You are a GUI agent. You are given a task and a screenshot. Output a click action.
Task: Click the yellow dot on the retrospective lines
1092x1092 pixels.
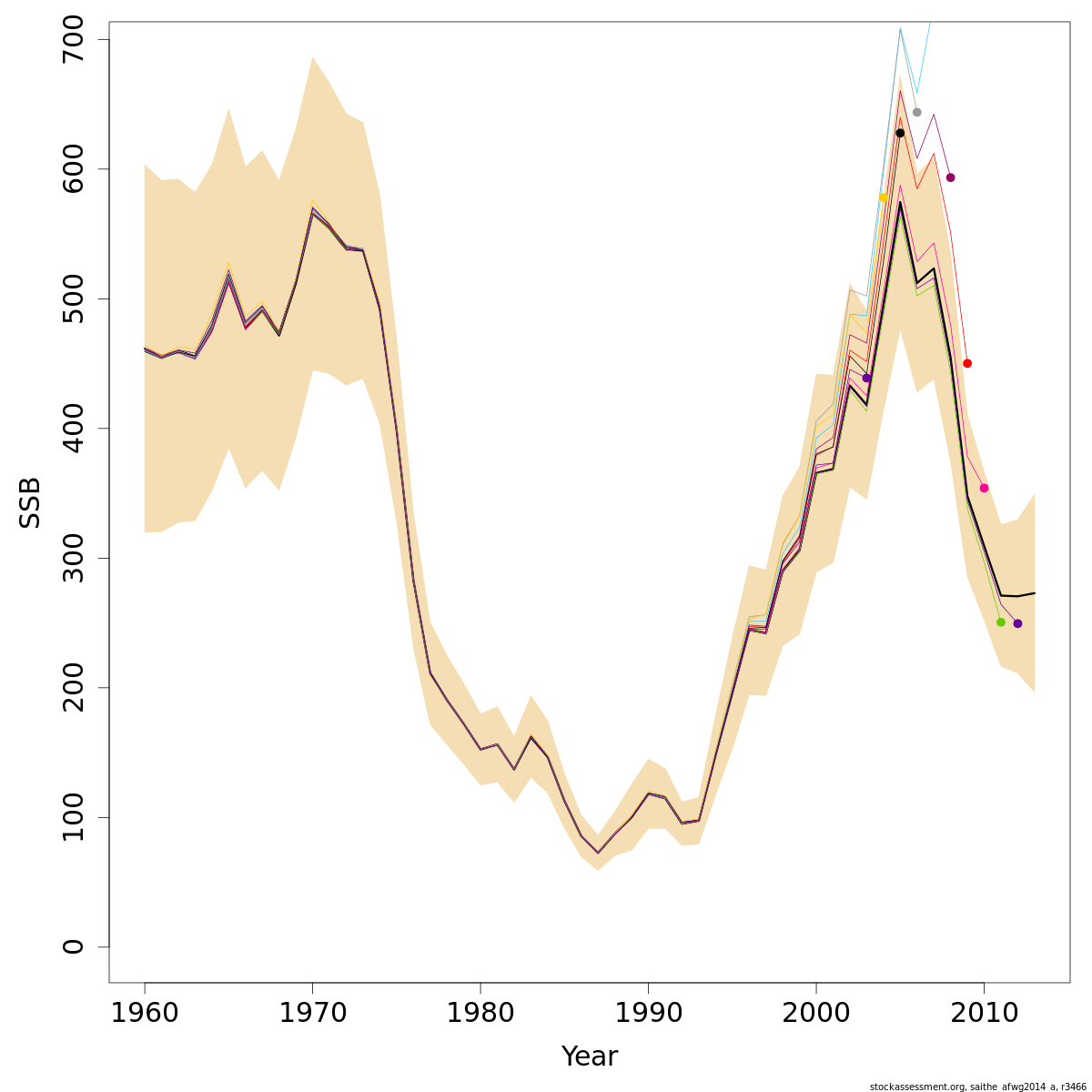(x=883, y=197)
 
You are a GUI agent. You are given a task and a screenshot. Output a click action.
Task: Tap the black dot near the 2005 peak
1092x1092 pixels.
(x=900, y=133)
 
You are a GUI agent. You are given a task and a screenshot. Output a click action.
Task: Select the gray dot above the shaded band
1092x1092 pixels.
(x=916, y=112)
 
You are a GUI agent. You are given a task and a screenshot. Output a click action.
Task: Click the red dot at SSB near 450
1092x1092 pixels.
(x=967, y=363)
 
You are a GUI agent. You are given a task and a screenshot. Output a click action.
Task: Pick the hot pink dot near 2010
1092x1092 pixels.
(x=984, y=488)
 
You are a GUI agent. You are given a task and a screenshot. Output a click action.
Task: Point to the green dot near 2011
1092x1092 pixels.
(x=1001, y=622)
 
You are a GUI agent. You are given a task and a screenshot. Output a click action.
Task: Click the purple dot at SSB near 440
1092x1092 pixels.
(x=866, y=378)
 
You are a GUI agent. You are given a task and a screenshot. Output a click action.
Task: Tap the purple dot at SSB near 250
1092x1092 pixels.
(x=1017, y=623)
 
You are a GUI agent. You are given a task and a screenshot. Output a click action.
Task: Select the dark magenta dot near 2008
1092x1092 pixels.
(x=950, y=177)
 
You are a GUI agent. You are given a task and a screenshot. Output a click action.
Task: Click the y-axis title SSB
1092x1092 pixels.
(x=31, y=502)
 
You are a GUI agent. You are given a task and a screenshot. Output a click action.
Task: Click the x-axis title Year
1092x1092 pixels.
(x=589, y=1057)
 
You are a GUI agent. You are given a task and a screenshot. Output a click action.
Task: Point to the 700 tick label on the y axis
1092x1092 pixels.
(x=73, y=39)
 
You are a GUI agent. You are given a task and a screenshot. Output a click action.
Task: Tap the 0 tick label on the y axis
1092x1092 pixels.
(x=73, y=946)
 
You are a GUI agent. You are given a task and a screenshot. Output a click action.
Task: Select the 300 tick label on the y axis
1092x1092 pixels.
(x=73, y=558)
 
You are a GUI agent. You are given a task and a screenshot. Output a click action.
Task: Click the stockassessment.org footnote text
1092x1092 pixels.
(x=977, y=1086)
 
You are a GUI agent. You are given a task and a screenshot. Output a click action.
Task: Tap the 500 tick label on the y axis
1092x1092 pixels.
(x=73, y=298)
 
